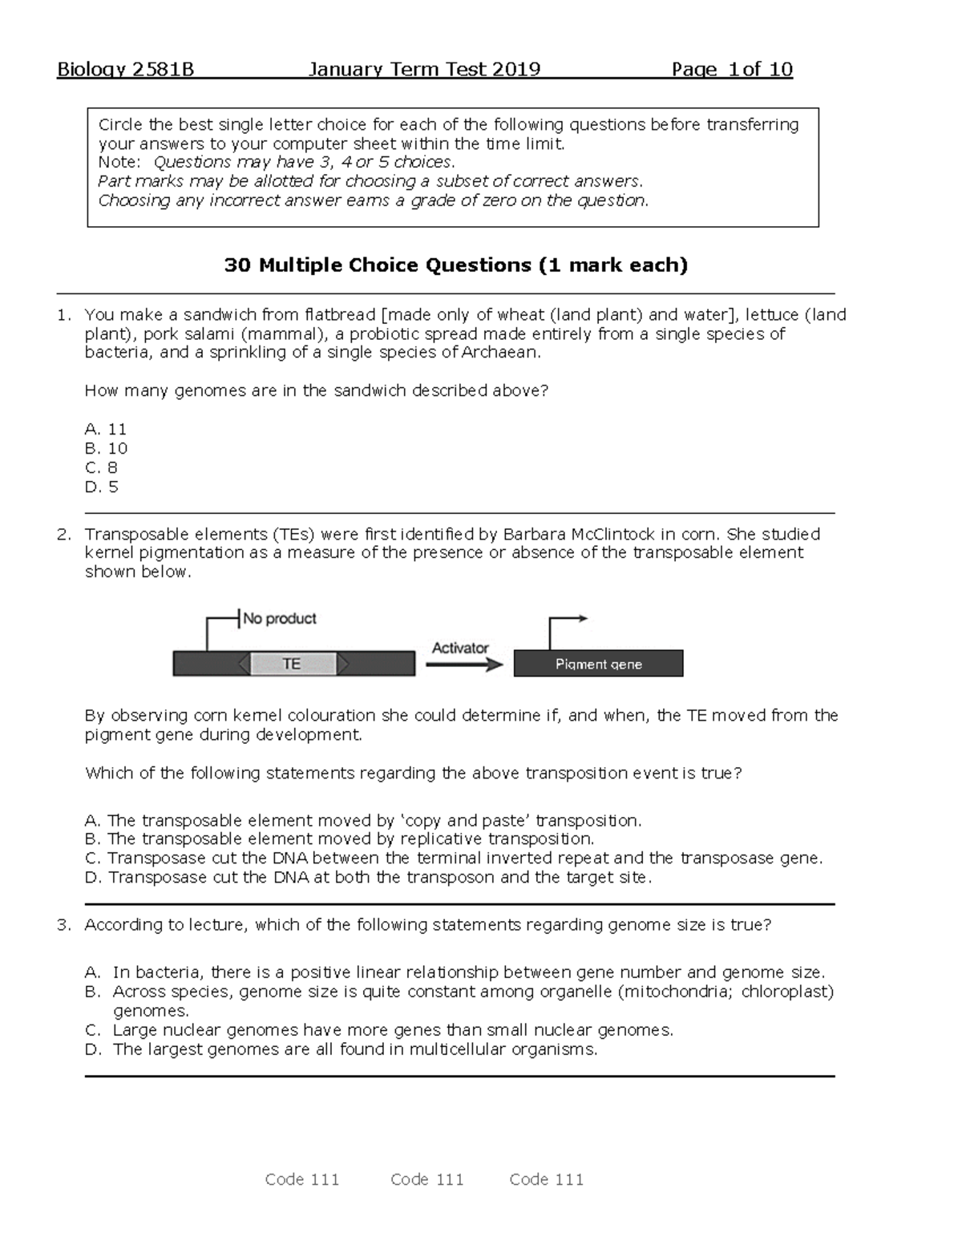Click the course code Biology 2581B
click(125, 70)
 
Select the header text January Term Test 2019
click(424, 70)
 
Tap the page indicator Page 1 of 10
click(732, 70)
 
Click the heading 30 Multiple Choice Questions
click(455, 265)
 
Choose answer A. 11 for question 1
click(106, 429)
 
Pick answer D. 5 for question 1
click(102, 487)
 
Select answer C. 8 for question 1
click(102, 467)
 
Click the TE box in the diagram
click(293, 664)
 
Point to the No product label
click(279, 618)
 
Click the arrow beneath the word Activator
click(464, 665)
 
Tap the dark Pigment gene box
click(598, 664)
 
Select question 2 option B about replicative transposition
click(340, 839)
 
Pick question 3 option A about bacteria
click(455, 972)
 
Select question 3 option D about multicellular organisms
click(342, 1049)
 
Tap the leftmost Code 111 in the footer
click(302, 1179)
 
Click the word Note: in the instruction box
click(119, 162)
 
